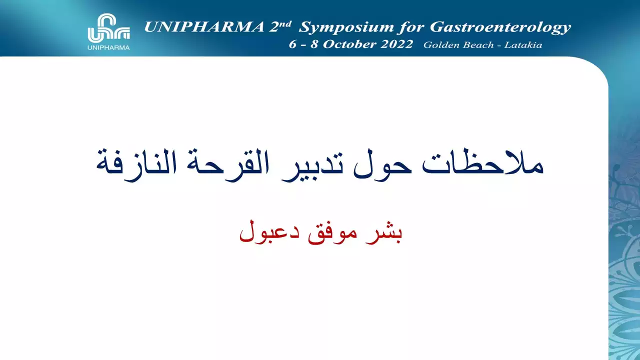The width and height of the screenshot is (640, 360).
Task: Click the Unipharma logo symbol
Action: [x=109, y=27]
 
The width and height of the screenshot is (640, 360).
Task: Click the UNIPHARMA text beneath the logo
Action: [x=108, y=47]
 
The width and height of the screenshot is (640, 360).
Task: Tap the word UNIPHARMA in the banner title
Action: [x=204, y=27]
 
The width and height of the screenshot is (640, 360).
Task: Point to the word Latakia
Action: [x=523, y=45]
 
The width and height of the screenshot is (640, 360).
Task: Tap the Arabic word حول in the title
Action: [x=382, y=165]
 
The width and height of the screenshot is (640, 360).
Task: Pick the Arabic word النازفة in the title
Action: [x=136, y=165]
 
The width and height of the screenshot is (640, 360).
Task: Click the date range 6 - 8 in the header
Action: [x=303, y=44]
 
